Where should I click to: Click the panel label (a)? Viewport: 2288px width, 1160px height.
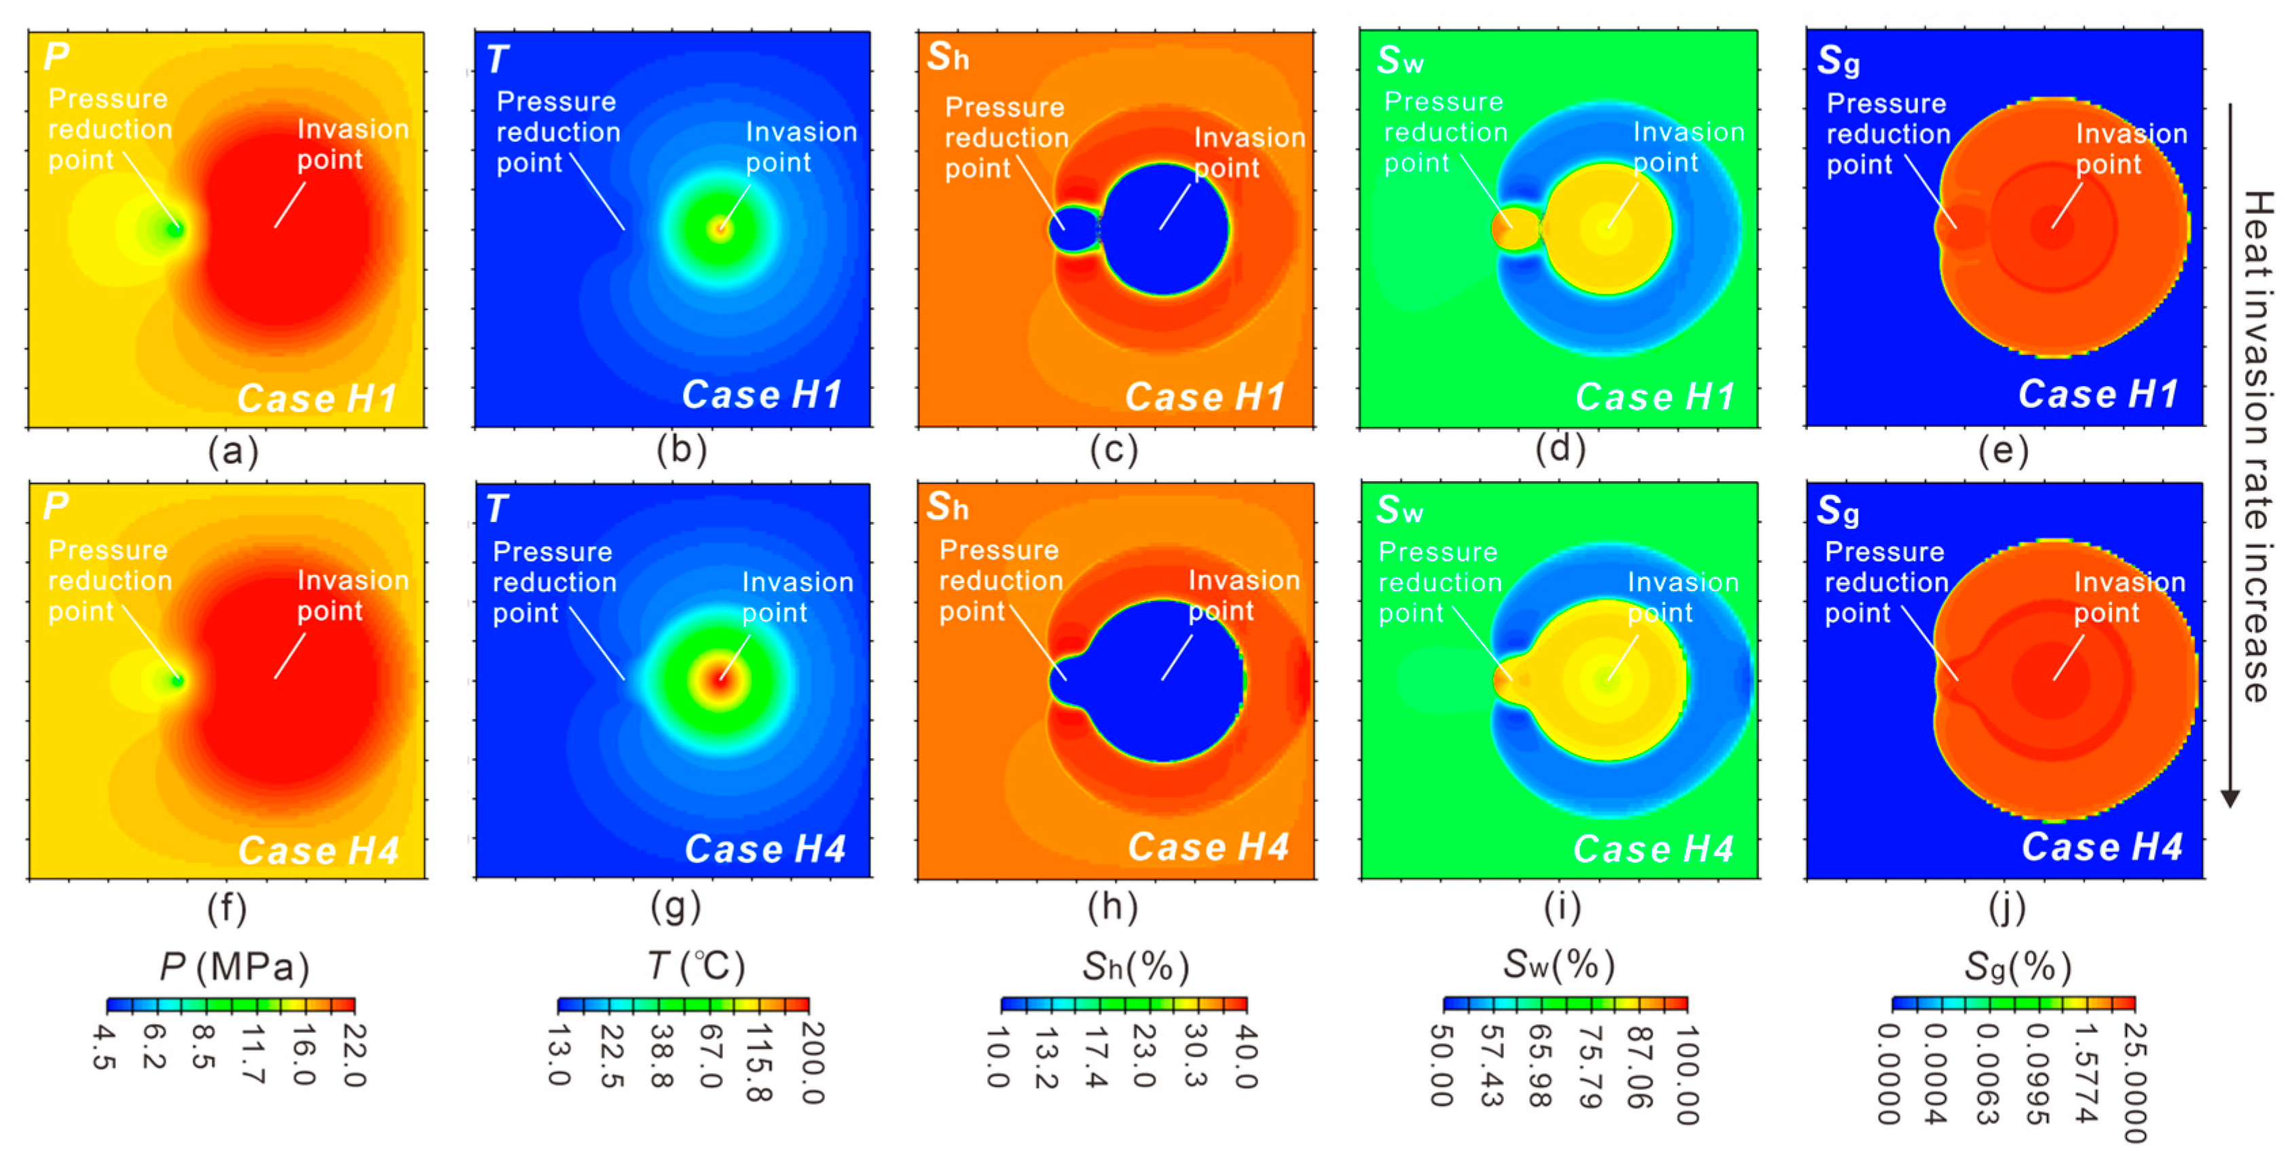pyautogui.click(x=233, y=451)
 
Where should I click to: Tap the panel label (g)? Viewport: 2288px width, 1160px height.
pyautogui.click(x=676, y=907)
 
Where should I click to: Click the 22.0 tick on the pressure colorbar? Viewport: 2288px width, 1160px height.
pyautogui.click(x=354, y=1055)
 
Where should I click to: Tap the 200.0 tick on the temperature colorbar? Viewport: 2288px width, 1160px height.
pyautogui.click(x=810, y=1062)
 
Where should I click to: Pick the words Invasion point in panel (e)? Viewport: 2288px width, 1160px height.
pyautogui.click(x=2130, y=149)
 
